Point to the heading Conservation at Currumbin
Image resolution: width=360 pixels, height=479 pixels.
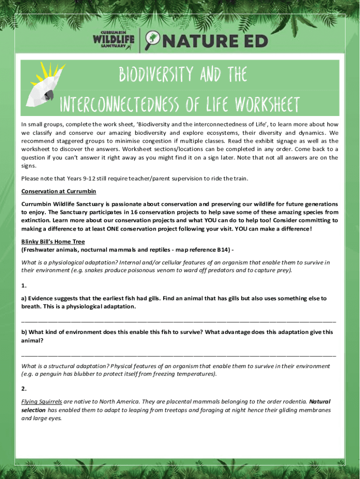click(52, 191)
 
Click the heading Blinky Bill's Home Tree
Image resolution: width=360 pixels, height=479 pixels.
click(53, 242)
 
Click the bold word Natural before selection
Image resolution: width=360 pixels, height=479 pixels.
click(320, 401)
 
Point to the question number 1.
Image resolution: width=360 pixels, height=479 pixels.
click(24, 285)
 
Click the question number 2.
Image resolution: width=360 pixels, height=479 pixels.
click(24, 389)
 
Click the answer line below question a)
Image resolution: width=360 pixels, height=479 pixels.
click(179, 321)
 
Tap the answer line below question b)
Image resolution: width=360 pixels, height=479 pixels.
click(179, 355)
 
